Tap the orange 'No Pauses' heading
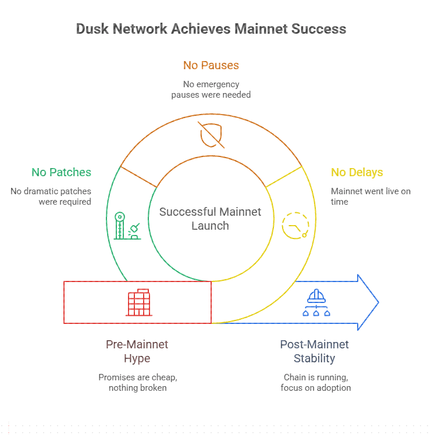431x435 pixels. coord(211,65)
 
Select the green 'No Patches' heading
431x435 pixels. coord(61,172)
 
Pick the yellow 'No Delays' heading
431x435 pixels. coord(357,172)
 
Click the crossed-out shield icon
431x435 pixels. coord(210,135)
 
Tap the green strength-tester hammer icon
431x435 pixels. coord(127,226)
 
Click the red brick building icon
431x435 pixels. coord(138,302)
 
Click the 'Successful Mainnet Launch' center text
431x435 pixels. coord(211,219)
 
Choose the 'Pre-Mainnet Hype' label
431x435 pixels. coord(137,351)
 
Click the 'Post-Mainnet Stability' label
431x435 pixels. coord(314,351)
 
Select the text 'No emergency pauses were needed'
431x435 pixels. coord(211,89)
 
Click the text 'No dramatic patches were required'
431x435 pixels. coord(51,197)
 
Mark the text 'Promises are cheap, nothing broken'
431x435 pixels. coord(137,383)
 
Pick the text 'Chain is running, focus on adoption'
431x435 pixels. coord(315,383)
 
